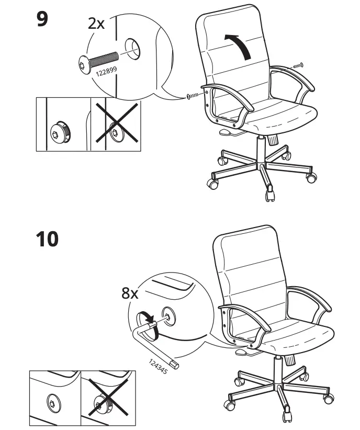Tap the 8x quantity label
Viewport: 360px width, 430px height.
130,293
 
